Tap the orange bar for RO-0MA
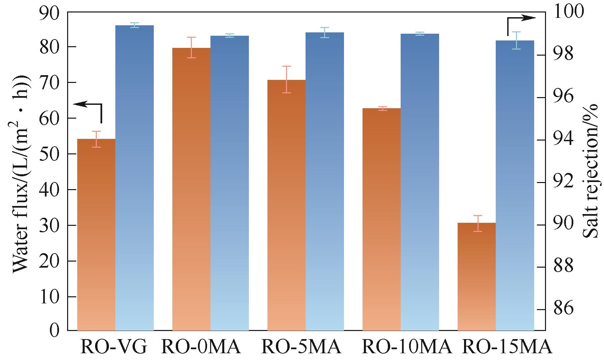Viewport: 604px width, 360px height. coord(191,189)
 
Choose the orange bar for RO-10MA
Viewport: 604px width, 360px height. coord(381,219)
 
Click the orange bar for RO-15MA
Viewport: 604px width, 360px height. coord(477,276)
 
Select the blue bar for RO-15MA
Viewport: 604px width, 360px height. coord(515,185)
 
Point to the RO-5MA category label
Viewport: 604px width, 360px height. coord(301,347)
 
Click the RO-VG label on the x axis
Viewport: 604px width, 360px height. coord(114,347)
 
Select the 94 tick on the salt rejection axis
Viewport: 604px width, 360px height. coord(563,140)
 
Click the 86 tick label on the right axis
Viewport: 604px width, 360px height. coord(563,309)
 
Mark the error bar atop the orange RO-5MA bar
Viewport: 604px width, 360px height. coord(286,79)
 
